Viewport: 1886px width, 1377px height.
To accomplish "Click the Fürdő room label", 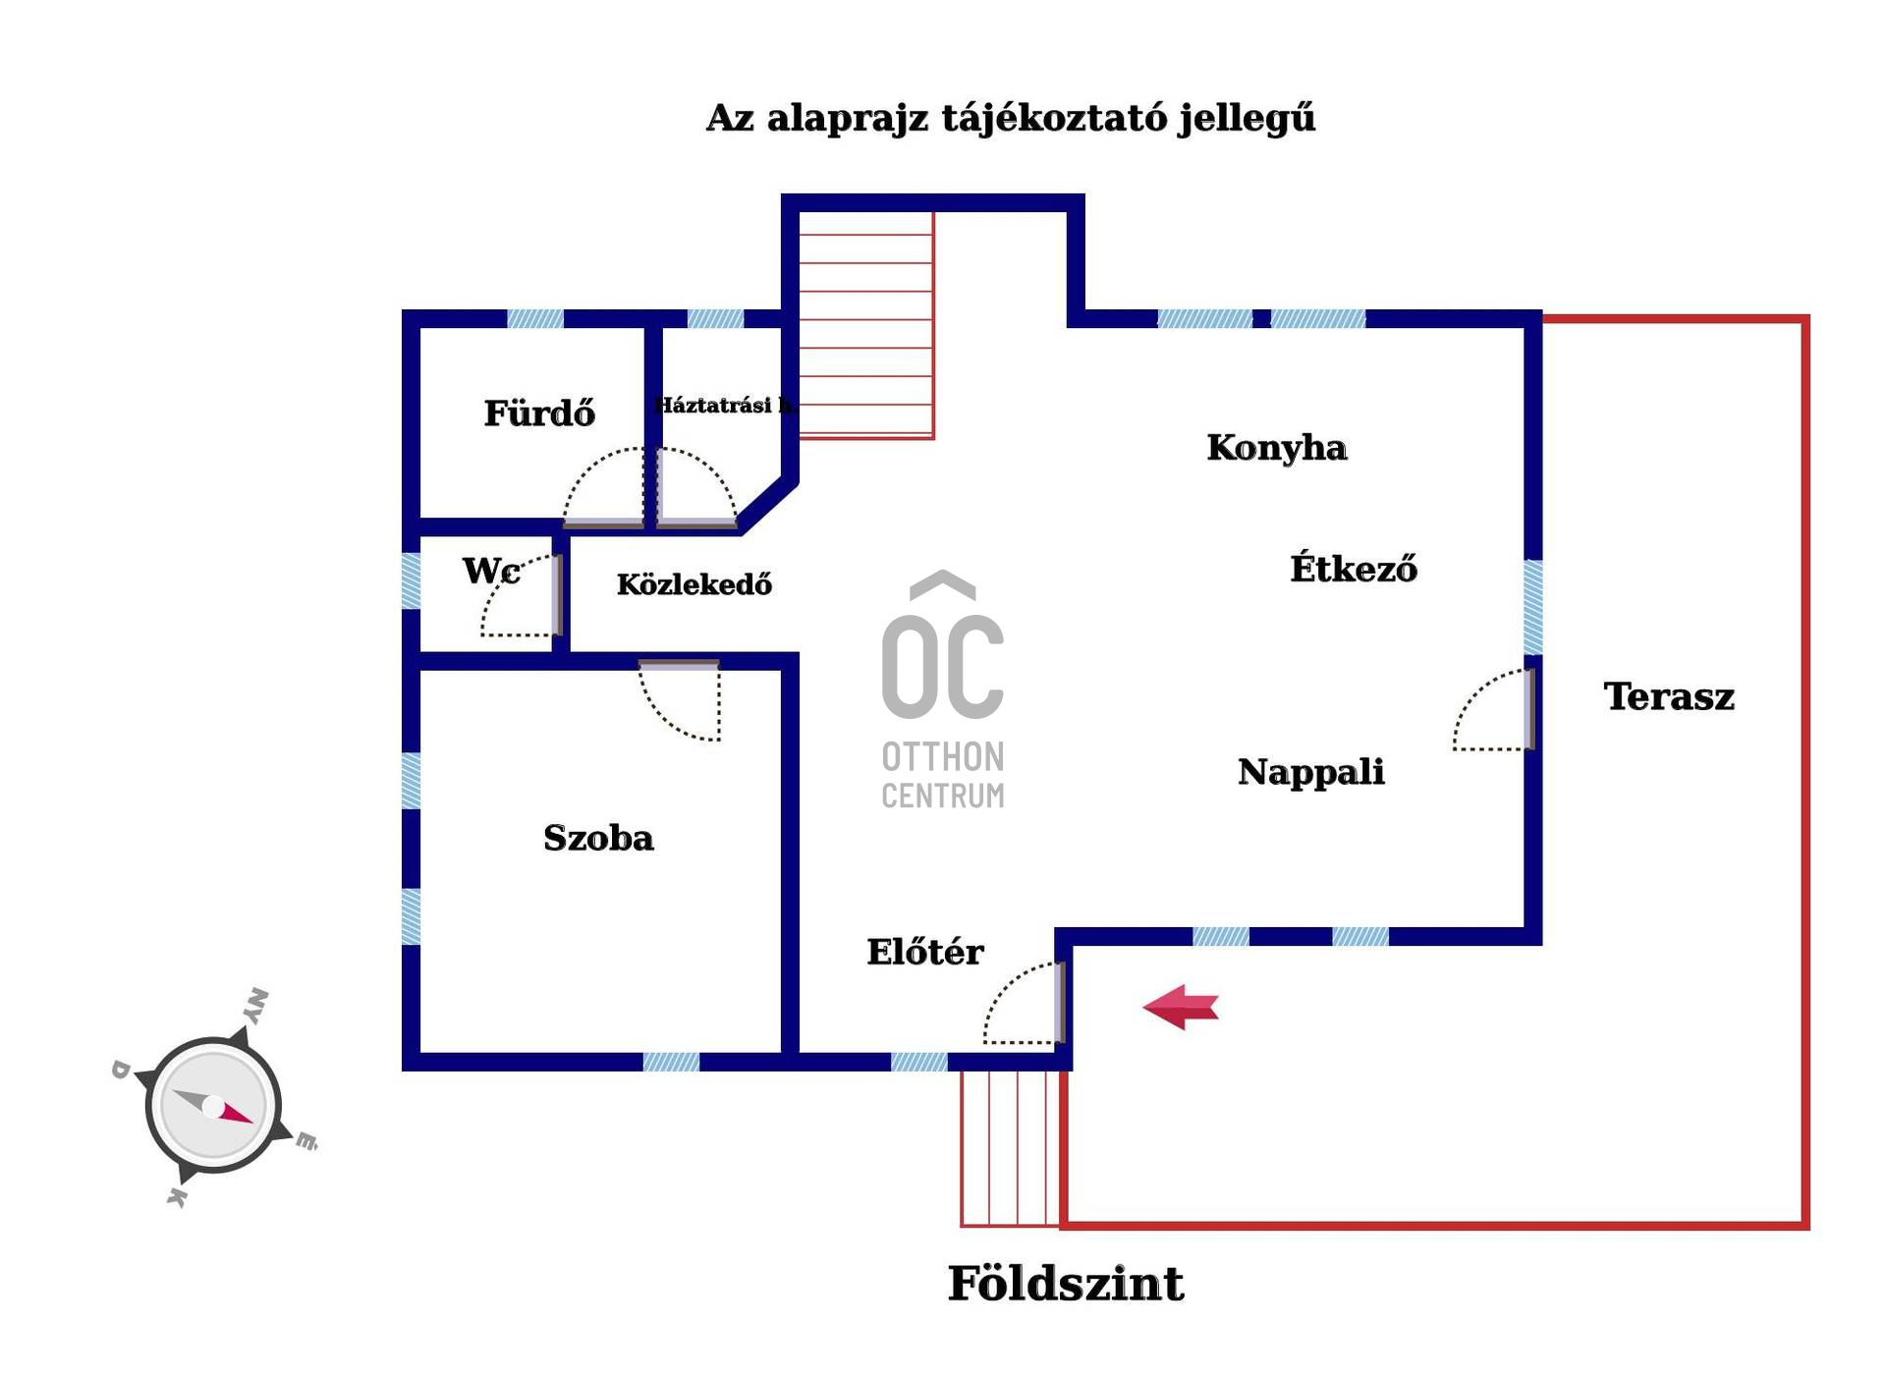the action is click(539, 413).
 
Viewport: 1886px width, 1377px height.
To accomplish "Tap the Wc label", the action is click(491, 570).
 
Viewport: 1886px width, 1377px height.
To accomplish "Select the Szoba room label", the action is click(598, 838).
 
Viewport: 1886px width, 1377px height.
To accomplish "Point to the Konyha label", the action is click(1277, 448).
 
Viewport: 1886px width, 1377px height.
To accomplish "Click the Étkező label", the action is click(1354, 568).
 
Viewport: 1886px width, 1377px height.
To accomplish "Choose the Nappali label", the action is click(1311, 772).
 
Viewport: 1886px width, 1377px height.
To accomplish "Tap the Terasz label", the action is click(1669, 696).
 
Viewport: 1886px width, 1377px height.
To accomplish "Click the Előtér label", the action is click(924, 951).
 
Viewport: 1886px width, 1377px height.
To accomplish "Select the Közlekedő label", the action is click(694, 584).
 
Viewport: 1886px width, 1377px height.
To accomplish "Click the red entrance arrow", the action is click(1181, 1007).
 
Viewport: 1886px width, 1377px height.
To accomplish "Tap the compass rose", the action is click(214, 1102).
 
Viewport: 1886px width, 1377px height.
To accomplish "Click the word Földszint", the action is click(1066, 1284).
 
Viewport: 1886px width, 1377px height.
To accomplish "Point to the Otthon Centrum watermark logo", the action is click(943, 689).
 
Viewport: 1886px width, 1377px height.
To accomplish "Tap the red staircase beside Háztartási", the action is click(865, 325).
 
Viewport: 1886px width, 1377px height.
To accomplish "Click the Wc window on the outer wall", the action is click(412, 580).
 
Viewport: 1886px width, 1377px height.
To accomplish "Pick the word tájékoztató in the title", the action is click(1053, 118).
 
